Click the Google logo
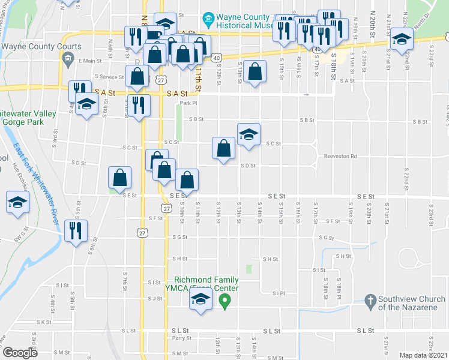[x=20, y=353]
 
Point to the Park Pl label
[x=188, y=102]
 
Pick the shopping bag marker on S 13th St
[x=255, y=72]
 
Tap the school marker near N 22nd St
[x=401, y=41]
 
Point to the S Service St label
[x=109, y=77]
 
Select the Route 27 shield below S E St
[x=166, y=208]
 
